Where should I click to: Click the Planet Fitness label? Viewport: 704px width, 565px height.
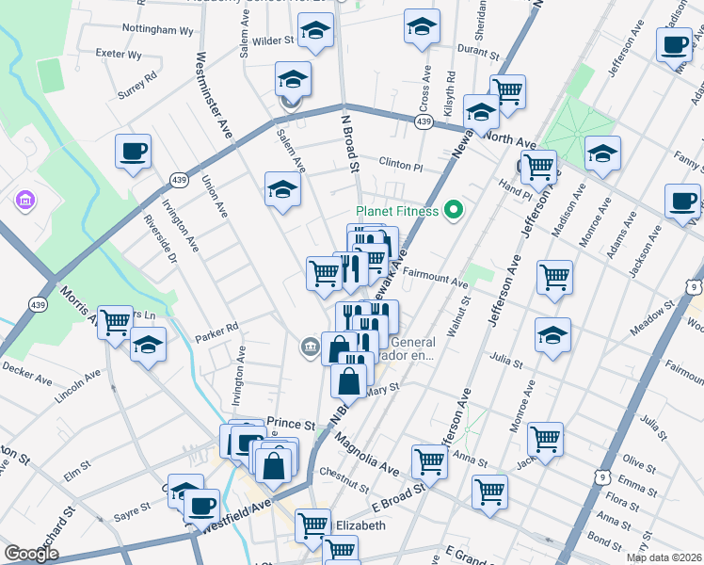(x=396, y=211)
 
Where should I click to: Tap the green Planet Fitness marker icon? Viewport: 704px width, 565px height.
(x=454, y=209)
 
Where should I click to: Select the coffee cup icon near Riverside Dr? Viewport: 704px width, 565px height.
(x=133, y=151)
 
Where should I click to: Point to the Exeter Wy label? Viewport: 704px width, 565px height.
(x=119, y=55)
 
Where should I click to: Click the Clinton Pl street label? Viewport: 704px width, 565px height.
(x=401, y=165)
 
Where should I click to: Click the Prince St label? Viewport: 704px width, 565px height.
(x=290, y=424)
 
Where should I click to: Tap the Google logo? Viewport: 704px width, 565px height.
(x=31, y=554)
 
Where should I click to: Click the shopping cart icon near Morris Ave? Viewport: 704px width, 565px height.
(x=115, y=323)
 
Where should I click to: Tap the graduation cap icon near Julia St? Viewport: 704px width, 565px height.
(x=552, y=334)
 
